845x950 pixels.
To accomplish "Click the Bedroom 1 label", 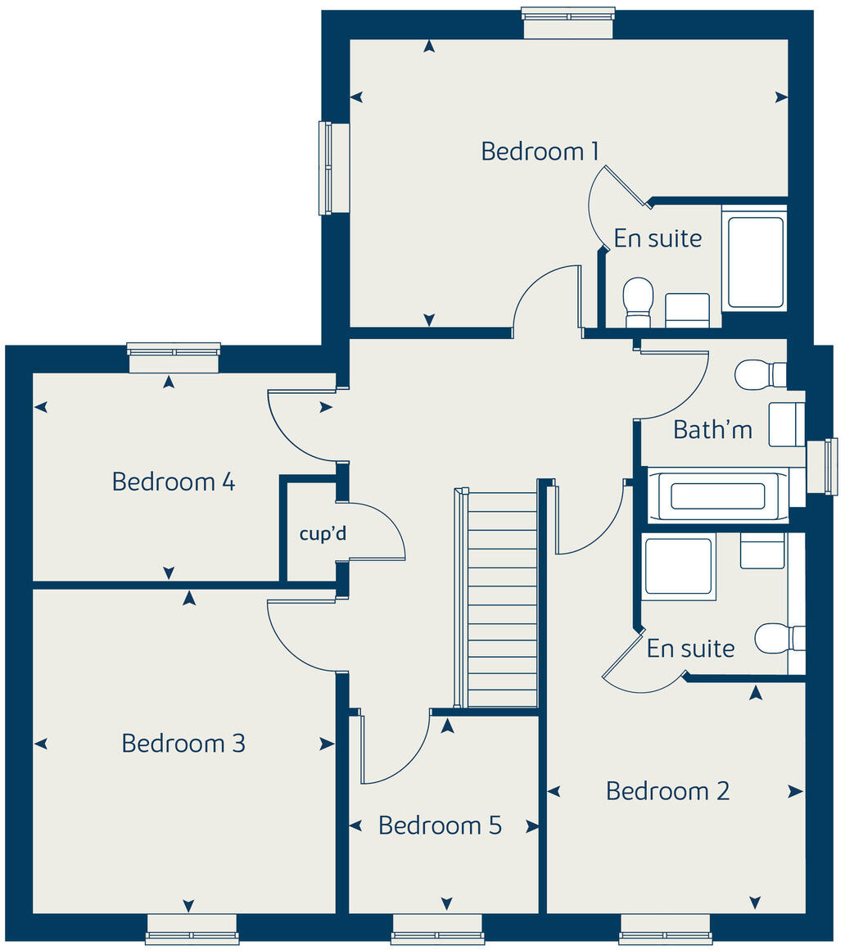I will pyautogui.click(x=540, y=152).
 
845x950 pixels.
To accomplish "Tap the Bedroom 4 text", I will pyautogui.click(x=174, y=482).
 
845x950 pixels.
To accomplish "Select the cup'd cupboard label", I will pyautogui.click(x=323, y=535).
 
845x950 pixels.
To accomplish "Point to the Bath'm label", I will pyautogui.click(x=712, y=429).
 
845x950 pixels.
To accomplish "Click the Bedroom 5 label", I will pyautogui.click(x=440, y=826).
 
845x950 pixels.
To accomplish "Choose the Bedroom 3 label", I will pyautogui.click(x=183, y=744).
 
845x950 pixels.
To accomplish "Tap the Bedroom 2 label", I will pyautogui.click(x=667, y=791).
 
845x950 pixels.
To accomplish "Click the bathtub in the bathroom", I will pyautogui.click(x=717, y=495).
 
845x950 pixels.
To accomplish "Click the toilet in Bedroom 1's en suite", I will pyautogui.click(x=638, y=300).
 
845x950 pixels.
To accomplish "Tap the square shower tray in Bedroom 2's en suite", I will pyautogui.click(x=678, y=566).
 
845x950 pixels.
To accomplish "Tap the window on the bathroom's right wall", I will pyautogui.click(x=822, y=467).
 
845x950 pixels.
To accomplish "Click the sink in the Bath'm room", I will pyautogui.click(x=787, y=424).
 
